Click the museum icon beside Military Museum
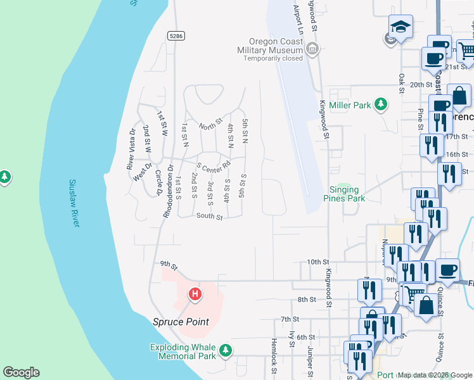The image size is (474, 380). click(312, 48)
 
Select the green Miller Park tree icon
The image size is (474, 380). click(381, 104)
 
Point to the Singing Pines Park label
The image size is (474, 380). click(345, 194)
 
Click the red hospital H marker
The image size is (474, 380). click(195, 294)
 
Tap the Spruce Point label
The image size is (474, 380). click(181, 322)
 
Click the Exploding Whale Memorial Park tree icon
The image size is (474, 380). click(224, 350)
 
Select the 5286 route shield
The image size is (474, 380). click(176, 36)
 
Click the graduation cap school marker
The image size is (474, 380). click(400, 26)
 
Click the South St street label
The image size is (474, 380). click(209, 217)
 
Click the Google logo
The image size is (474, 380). click(21, 372)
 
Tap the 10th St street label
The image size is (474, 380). click(319, 262)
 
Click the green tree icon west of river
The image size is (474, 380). click(5, 175)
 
